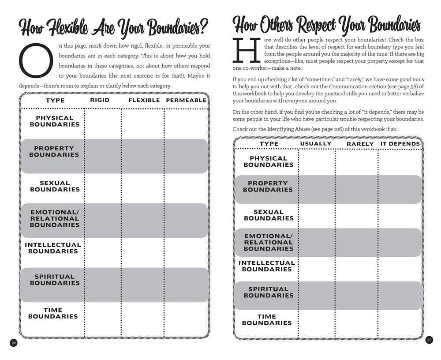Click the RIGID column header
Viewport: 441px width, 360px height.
tap(100, 100)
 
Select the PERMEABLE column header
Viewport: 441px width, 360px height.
tap(186, 100)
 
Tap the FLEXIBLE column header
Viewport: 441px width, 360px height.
tap(144, 100)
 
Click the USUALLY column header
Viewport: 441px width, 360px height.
tap(316, 144)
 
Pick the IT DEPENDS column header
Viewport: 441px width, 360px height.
tap(400, 144)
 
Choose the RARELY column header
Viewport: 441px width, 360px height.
tap(360, 144)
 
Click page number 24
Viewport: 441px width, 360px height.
tap(13, 343)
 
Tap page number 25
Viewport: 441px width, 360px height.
tap(429, 339)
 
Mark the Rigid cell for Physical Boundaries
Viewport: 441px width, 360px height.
tap(103, 121)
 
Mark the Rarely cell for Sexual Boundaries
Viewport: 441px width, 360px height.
tap(356, 215)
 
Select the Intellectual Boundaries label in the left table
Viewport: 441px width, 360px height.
tap(53, 248)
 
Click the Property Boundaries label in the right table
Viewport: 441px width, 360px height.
tap(267, 187)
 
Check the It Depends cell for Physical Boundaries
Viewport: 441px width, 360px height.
tap(400, 162)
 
